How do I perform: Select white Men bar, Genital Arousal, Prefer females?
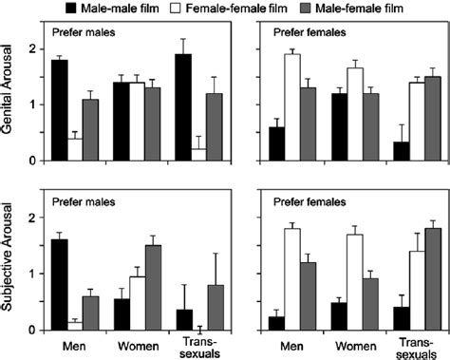tap(292, 106)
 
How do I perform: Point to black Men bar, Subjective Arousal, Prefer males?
tap(60, 284)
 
